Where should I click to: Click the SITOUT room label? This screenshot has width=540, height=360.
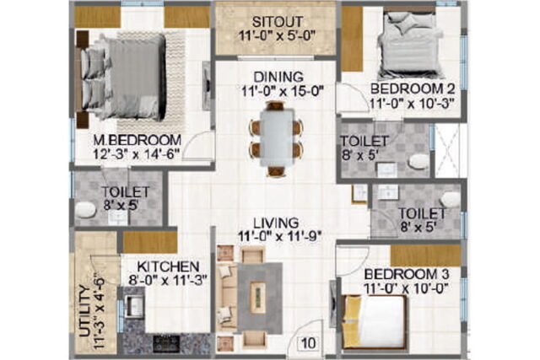pyautogui.click(x=278, y=22)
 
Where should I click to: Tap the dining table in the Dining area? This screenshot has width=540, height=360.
pyautogui.click(x=277, y=137)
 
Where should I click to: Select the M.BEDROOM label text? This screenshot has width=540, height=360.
pyautogui.click(x=138, y=140)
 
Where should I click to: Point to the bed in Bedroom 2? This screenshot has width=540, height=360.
pyautogui.click(x=410, y=45)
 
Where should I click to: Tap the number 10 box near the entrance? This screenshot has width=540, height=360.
pyautogui.click(x=308, y=343)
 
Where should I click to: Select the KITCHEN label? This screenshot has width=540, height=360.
pyautogui.click(x=168, y=266)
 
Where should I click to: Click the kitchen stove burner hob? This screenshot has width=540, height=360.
pyautogui.click(x=166, y=343)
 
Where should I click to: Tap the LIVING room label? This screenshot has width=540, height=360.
pyautogui.click(x=276, y=223)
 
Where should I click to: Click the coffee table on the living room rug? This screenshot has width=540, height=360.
pyautogui.click(x=258, y=298)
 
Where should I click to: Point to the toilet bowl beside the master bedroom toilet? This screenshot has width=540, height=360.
pyautogui.click(x=85, y=210)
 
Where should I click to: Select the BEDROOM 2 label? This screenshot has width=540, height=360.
pyautogui.click(x=413, y=89)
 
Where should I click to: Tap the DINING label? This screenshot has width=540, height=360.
pyautogui.click(x=278, y=77)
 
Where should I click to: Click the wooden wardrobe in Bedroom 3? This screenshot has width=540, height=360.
pyautogui.click(x=425, y=255)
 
